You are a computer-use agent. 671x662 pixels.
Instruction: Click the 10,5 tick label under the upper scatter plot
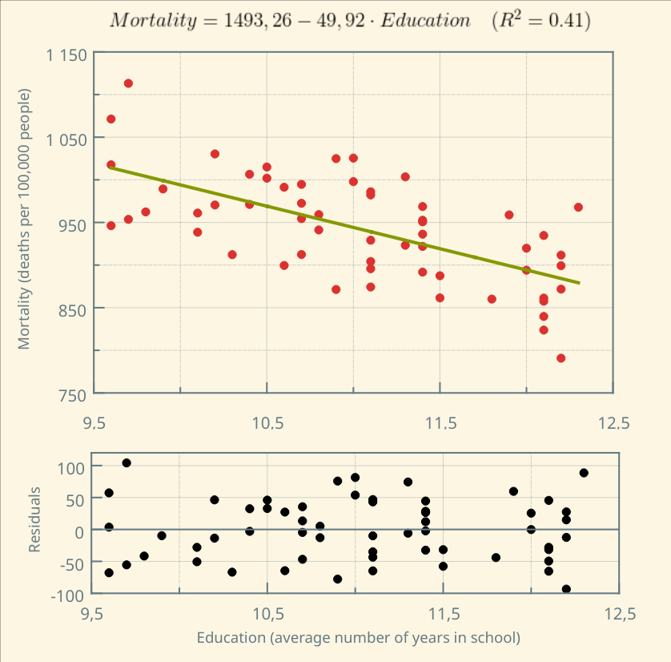[267, 423]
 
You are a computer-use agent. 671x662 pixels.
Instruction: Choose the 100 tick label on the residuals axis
[70, 466]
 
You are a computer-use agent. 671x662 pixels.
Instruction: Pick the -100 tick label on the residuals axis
[67, 594]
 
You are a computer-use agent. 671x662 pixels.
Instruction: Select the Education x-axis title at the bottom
[359, 638]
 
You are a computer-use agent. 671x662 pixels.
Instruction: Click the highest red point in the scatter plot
[128, 83]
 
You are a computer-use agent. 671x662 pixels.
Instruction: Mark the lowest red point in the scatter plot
[561, 358]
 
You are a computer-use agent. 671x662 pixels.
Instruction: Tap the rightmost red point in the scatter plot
[578, 208]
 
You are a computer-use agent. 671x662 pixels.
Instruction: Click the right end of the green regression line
[579, 283]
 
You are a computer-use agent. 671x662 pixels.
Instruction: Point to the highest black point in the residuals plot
[127, 463]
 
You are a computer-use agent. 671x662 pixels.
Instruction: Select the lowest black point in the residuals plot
[566, 589]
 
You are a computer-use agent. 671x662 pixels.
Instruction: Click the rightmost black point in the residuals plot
[584, 473]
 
